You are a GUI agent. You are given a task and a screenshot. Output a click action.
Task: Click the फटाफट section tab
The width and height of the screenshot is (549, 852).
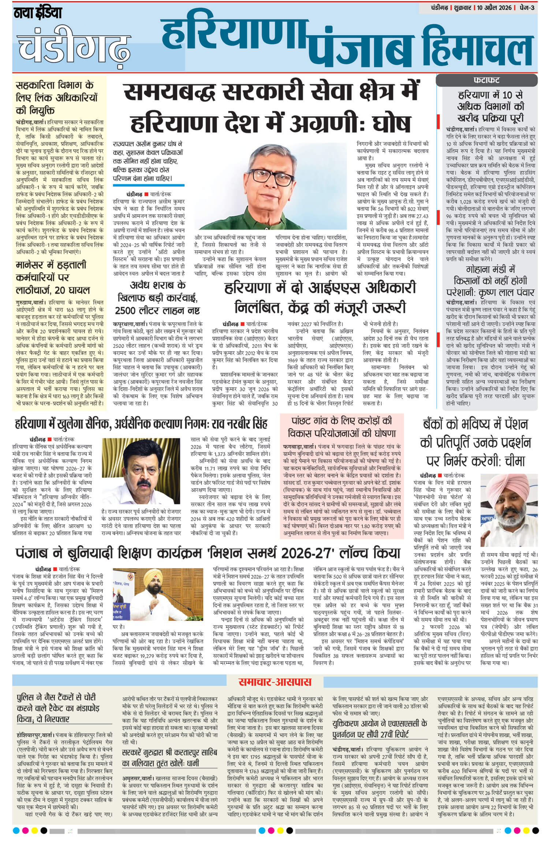[x=486, y=80]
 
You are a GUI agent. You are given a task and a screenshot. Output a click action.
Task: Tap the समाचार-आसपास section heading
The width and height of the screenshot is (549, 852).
[x=274, y=682]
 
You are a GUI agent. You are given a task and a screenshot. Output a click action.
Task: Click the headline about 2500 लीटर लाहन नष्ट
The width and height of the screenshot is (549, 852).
[x=158, y=298]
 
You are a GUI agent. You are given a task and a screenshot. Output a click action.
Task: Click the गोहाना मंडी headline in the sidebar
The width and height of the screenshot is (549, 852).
[x=490, y=281]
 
